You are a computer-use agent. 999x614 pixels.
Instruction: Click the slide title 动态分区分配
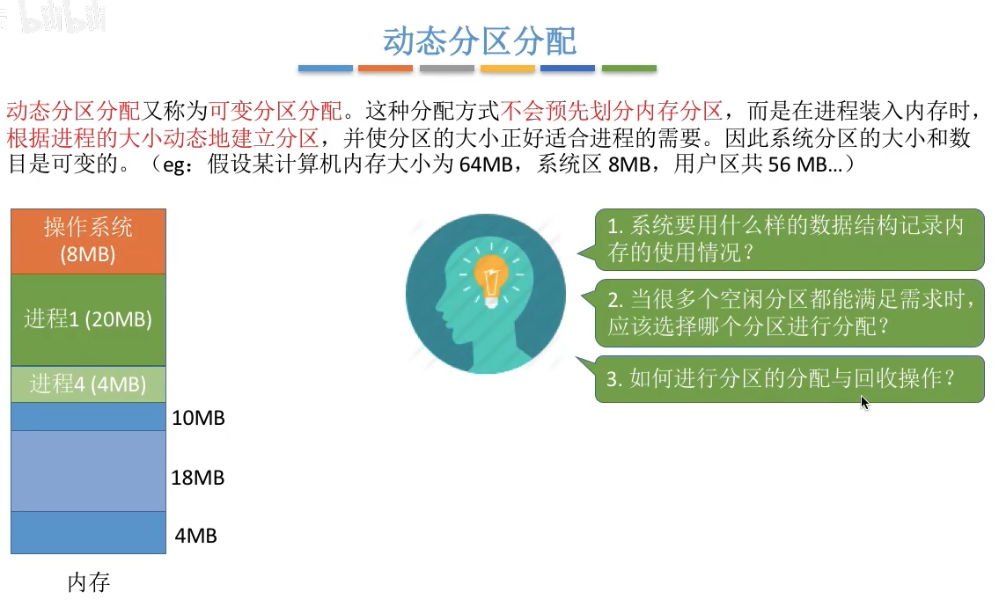click(479, 41)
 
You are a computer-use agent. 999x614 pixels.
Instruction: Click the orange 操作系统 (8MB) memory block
click(89, 241)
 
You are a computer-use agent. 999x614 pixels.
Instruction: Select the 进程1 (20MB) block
click(89, 319)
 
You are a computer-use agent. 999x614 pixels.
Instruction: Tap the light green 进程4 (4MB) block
click(89, 384)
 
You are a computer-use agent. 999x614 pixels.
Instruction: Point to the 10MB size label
click(198, 418)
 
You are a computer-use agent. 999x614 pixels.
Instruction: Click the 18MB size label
click(197, 478)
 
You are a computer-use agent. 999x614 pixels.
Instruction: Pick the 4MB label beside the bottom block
click(195, 536)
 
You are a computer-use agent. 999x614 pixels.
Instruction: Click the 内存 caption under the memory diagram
click(89, 581)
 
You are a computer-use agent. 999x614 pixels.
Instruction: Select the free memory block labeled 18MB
click(89, 471)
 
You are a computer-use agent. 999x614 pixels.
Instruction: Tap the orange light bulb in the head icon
click(490, 279)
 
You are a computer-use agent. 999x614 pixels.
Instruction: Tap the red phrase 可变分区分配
click(275, 111)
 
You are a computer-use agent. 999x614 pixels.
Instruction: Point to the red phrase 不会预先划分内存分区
click(612, 111)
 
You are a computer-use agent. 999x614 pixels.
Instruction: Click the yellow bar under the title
click(507, 68)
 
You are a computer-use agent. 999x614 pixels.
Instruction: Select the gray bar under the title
click(446, 68)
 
